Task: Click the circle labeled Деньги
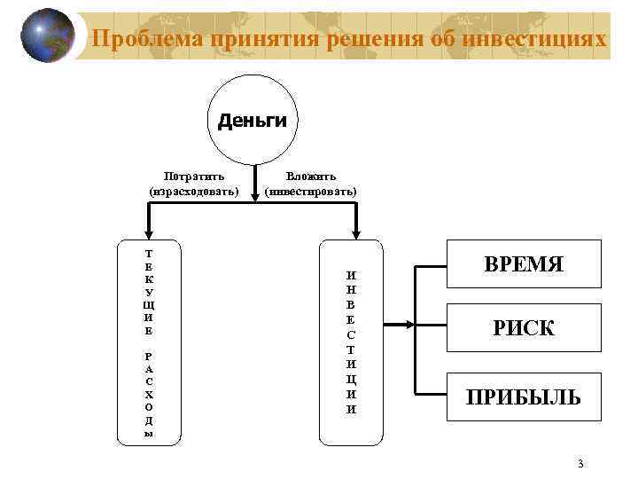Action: coord(253,120)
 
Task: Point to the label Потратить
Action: coord(194,177)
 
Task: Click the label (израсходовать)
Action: coord(194,191)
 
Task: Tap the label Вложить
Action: coord(311,177)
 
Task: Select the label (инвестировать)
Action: coord(311,191)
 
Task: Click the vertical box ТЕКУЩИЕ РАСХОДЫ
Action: coord(148,341)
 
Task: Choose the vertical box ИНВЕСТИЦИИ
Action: coord(352,341)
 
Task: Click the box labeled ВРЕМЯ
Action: coord(524,264)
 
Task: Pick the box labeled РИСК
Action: coord(524,329)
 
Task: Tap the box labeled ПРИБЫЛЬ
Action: coord(524,397)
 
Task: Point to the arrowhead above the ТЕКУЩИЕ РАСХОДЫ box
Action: coord(149,234)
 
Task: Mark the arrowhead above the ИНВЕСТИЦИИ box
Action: coord(354,234)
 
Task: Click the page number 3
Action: coord(580,463)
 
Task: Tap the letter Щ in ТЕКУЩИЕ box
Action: coord(149,304)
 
